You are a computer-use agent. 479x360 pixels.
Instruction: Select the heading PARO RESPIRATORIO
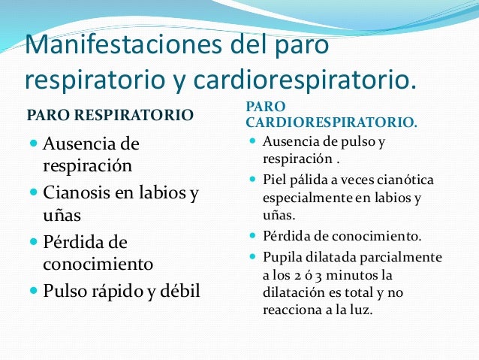(x=110, y=115)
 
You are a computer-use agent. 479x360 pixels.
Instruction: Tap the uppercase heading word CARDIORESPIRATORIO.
(x=332, y=120)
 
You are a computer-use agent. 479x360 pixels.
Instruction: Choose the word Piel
(x=276, y=180)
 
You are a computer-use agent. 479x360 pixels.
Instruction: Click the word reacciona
(x=292, y=309)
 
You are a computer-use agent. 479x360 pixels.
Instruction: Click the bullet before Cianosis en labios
(x=33, y=194)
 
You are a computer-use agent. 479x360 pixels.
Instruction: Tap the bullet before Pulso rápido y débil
(x=33, y=291)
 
